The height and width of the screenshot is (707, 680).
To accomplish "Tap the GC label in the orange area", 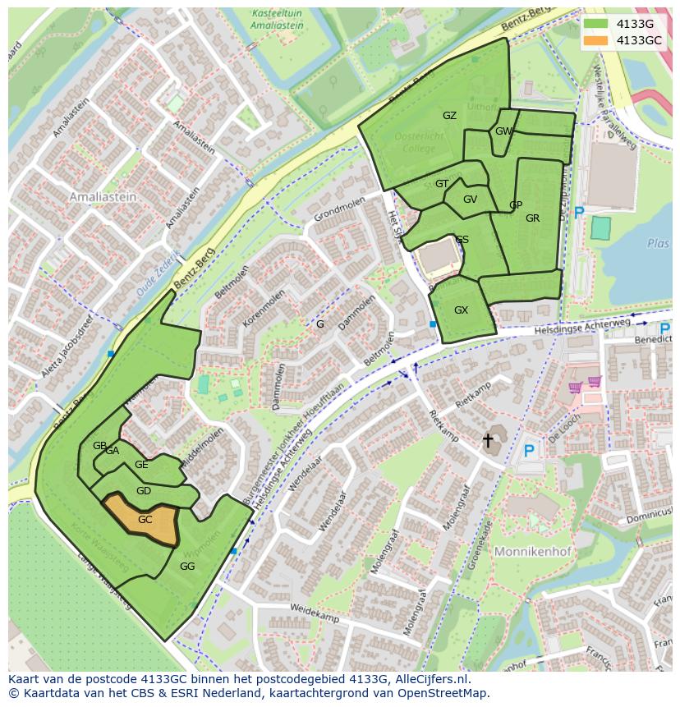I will point(145,520).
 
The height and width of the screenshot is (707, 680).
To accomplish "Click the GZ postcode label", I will point(449,116).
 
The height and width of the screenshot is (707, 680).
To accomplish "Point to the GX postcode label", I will point(461,310).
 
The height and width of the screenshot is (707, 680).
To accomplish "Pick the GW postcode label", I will point(503,131).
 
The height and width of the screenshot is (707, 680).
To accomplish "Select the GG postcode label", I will point(187,567).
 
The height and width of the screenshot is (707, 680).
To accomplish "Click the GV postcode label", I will point(470,200).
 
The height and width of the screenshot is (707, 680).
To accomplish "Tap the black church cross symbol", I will point(488,441).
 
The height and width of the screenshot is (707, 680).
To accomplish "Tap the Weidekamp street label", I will point(316,613).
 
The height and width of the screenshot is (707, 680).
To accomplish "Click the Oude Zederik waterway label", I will point(157,270).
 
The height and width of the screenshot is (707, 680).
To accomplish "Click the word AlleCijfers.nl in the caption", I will point(430,679).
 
